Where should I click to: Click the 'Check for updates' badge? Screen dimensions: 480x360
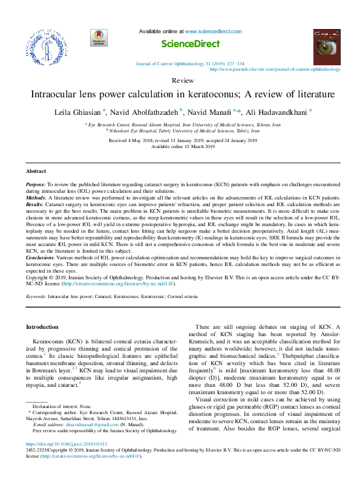pos(97,37)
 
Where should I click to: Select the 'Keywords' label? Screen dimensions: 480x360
pos(36,297)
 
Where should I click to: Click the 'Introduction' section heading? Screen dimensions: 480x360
pos(42,326)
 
